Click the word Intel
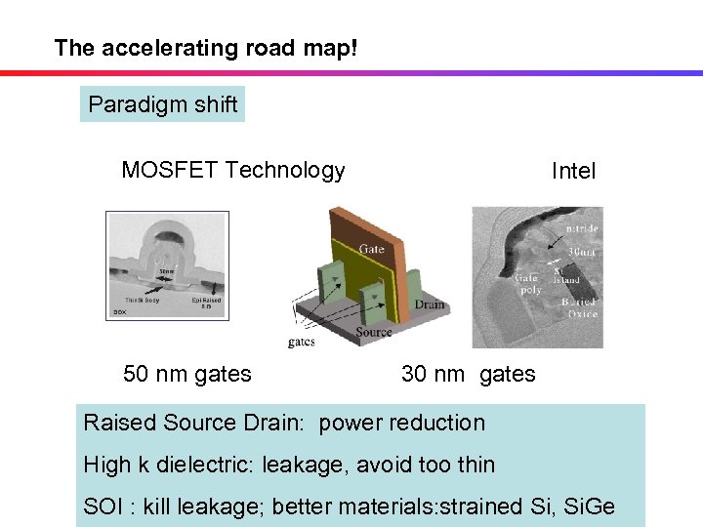pyautogui.click(x=573, y=172)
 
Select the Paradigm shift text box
pyautogui.click(x=162, y=104)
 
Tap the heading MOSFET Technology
pyautogui.click(x=232, y=170)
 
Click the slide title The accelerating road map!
pyautogui.click(x=206, y=47)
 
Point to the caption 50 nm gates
pyautogui.click(x=186, y=374)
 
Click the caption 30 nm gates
pyautogui.click(x=468, y=374)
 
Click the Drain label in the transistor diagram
pyautogui.click(x=428, y=304)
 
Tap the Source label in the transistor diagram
pyautogui.click(x=374, y=332)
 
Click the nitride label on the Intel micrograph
pyautogui.click(x=582, y=229)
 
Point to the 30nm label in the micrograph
pyautogui.click(x=583, y=251)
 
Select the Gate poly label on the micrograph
pyautogui.click(x=527, y=283)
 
